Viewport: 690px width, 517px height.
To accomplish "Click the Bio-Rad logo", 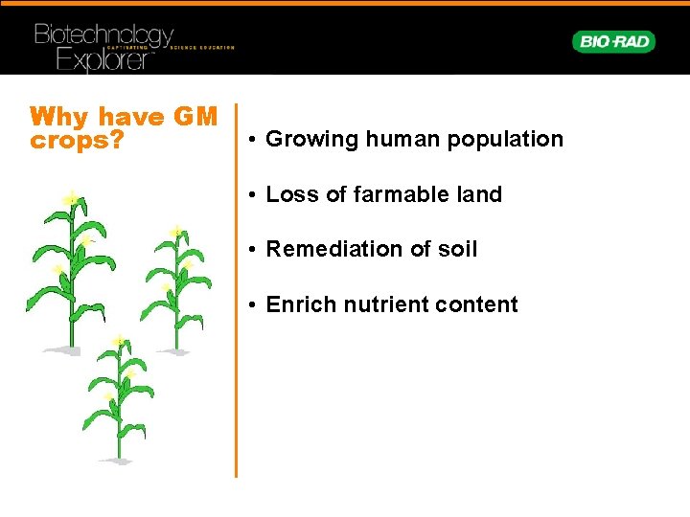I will [613, 41].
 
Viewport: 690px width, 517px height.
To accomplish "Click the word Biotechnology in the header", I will [103, 36].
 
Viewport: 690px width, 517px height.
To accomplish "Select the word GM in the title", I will [195, 118].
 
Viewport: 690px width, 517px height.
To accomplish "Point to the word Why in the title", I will [59, 118].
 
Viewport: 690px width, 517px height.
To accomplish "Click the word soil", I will [457, 249].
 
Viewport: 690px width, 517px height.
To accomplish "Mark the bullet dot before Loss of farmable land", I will [248, 195].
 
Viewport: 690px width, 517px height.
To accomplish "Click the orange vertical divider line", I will [236, 287].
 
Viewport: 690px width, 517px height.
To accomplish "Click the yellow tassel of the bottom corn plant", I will [118, 340].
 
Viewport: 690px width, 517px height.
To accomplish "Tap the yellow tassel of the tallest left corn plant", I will [72, 197].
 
